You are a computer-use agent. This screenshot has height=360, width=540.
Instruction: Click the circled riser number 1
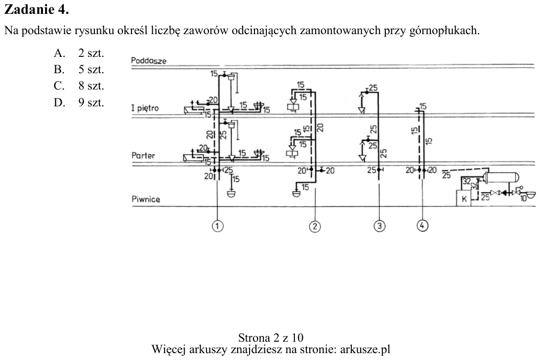click(217, 226)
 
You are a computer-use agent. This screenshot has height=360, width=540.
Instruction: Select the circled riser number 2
click(315, 226)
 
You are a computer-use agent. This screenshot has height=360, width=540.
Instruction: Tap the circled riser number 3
click(379, 226)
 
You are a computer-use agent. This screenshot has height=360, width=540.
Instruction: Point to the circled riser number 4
click(422, 225)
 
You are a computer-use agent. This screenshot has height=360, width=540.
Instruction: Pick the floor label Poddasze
click(149, 61)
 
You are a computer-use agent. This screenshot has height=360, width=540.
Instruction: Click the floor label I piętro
click(145, 108)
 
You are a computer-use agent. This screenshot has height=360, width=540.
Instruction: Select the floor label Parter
click(143, 155)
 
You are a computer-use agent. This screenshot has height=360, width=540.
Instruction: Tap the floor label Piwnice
click(146, 199)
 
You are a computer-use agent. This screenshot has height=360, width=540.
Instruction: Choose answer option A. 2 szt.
click(79, 53)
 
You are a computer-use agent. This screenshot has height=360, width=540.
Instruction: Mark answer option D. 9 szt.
click(79, 102)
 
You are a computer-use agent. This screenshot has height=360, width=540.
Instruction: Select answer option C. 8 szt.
click(79, 86)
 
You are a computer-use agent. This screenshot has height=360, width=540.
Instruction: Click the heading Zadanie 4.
click(37, 9)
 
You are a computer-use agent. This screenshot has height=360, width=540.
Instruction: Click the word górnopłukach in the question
click(444, 31)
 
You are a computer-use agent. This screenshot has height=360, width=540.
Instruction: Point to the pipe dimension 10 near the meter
click(524, 199)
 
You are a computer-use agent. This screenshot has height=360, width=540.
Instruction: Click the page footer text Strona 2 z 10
click(271, 337)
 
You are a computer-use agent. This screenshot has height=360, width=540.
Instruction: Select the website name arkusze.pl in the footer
click(365, 349)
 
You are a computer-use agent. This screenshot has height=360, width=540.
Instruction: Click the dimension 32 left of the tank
click(467, 181)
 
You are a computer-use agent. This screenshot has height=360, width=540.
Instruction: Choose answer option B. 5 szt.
click(79, 69)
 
